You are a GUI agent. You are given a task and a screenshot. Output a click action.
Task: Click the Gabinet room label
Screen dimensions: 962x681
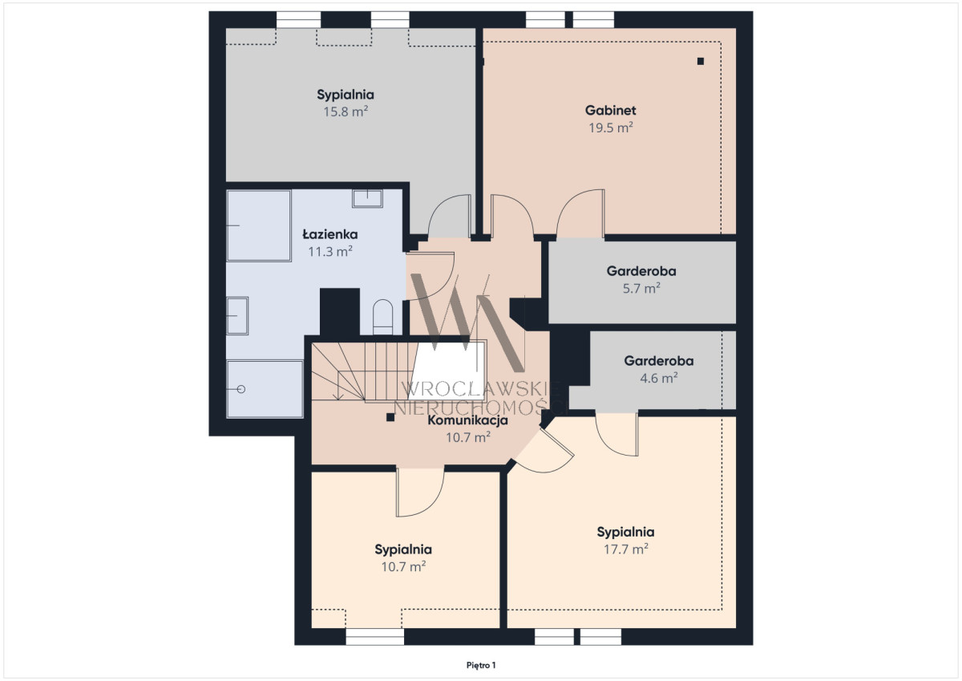click(610, 111)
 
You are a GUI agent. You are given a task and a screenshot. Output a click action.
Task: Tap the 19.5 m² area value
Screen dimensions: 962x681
click(610, 128)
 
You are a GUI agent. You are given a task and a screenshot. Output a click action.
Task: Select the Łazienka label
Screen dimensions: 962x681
click(329, 234)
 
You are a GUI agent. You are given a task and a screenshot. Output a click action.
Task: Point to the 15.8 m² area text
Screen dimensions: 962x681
click(346, 111)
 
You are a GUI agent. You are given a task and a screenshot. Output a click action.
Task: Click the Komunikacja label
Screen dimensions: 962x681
click(467, 420)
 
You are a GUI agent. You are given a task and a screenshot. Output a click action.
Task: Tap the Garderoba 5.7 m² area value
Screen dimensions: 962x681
click(641, 288)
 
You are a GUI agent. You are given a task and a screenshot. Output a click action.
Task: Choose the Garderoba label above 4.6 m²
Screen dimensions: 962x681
click(659, 361)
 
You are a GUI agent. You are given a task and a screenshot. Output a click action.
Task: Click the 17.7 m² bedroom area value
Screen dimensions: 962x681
click(626, 549)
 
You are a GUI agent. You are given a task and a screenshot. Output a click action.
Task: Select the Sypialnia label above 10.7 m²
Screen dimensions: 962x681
click(402, 549)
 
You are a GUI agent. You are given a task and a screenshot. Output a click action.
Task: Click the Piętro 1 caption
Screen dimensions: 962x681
click(481, 666)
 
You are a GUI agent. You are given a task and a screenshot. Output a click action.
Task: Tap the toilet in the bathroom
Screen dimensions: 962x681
click(382, 317)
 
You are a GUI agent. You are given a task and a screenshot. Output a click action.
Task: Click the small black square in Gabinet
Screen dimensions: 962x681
click(701, 62)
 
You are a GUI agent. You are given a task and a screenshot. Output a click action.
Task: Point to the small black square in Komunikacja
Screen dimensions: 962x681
click(390, 417)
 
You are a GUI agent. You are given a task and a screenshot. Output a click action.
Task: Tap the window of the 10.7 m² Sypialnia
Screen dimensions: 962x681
click(374, 636)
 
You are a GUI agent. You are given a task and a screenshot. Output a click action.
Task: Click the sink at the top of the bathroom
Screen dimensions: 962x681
click(368, 198)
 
